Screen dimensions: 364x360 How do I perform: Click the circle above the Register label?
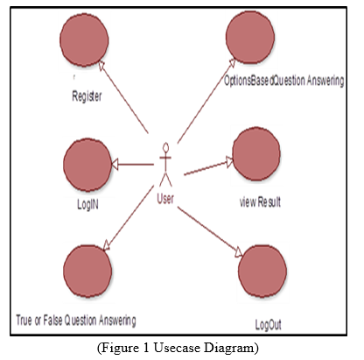(84, 39)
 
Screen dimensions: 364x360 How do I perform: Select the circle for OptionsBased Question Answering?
(250, 37)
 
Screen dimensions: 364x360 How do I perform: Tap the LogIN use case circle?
(87, 165)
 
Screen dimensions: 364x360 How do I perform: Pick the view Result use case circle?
(256, 153)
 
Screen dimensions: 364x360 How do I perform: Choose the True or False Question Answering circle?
(87, 272)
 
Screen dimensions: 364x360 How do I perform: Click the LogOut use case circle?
(262, 272)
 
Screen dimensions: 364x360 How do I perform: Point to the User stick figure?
(165, 164)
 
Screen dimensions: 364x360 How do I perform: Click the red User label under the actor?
(165, 199)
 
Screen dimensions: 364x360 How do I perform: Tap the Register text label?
(87, 96)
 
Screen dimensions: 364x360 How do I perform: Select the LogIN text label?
(87, 204)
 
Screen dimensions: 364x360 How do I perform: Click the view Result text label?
(260, 201)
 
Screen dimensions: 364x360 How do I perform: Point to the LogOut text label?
(269, 325)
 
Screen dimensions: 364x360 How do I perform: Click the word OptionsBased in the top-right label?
(249, 81)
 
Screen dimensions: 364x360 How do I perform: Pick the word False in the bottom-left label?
(52, 320)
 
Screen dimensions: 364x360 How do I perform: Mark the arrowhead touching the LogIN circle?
(115, 165)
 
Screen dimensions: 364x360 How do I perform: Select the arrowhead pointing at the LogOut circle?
(239, 252)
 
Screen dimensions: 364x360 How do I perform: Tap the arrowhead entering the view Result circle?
(230, 161)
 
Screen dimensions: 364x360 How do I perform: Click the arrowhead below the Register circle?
(101, 66)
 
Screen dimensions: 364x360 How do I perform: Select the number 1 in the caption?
(146, 348)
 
